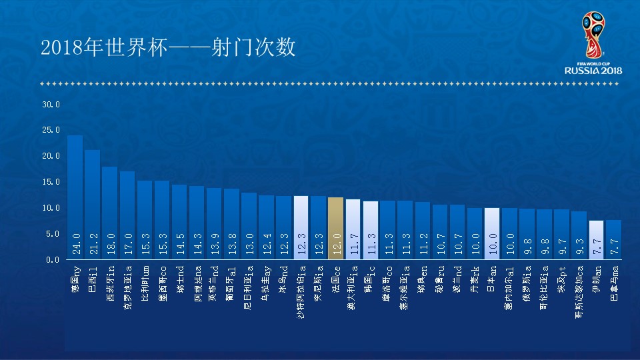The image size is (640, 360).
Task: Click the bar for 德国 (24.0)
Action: click(75, 197)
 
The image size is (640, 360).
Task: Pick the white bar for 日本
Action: click(492, 234)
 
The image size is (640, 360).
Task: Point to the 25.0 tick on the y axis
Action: click(51, 130)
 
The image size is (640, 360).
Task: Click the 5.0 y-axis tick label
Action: click(53, 234)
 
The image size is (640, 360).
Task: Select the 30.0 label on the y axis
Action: click(51, 105)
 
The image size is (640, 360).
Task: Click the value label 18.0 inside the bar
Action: click(110, 241)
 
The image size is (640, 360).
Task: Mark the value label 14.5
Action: click(179, 241)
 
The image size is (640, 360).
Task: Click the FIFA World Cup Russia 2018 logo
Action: click(593, 43)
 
